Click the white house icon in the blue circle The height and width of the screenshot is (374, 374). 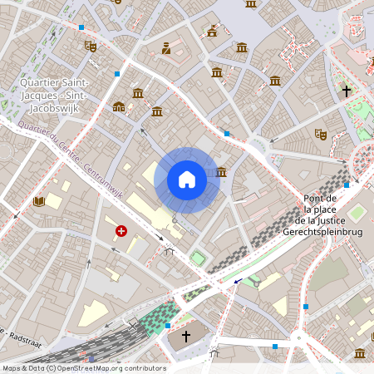(x=187, y=180)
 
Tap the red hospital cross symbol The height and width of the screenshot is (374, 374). (x=121, y=231)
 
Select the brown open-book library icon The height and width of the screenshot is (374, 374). (x=38, y=201)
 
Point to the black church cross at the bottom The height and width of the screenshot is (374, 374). (x=186, y=337)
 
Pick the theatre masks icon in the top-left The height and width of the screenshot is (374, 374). (x=91, y=47)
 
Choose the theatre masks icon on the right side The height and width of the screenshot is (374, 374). (x=320, y=133)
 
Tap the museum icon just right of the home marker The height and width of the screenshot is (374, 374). (x=221, y=172)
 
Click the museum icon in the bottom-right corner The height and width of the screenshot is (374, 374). (x=359, y=353)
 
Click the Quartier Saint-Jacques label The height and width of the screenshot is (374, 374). (x=53, y=94)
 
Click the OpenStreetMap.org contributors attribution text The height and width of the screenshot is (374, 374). (x=108, y=367)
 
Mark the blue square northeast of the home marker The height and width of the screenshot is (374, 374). (x=226, y=133)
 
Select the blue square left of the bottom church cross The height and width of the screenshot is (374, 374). (x=168, y=326)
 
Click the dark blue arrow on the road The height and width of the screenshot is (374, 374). (x=239, y=282)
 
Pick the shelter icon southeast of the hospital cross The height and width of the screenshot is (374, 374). (x=170, y=251)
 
